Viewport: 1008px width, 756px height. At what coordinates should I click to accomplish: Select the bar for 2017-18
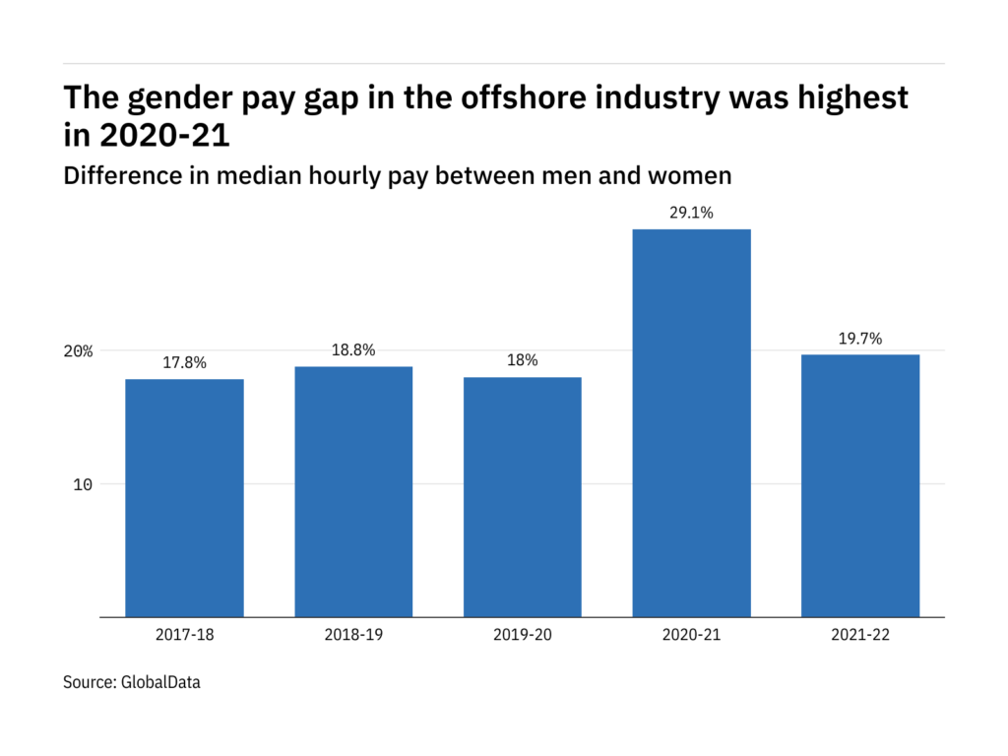pos(184,498)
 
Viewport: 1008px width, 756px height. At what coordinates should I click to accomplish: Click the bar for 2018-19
pos(353,492)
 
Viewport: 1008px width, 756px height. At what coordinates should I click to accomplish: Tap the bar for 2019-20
pos(522,497)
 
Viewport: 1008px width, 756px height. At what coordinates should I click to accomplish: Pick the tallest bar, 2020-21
pos(691,423)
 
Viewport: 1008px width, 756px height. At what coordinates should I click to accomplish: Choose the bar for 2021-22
pos(860,486)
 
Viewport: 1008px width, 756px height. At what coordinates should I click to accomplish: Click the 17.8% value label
pos(184,363)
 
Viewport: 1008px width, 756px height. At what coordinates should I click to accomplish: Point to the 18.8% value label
pos(353,350)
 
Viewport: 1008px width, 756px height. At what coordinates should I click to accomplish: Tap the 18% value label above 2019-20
pos(522,361)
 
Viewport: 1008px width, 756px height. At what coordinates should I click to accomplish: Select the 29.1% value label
pos(691,213)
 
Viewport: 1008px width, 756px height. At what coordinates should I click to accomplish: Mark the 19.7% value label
pos(860,339)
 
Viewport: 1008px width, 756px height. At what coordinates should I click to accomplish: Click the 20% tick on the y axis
pos(80,351)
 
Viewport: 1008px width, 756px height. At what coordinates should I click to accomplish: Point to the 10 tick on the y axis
pos(83,484)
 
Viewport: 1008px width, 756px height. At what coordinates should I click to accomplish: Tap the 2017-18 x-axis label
pos(184,635)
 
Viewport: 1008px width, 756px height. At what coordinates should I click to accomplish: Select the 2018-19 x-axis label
pos(353,635)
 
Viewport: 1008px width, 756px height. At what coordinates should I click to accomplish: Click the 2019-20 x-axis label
pos(522,635)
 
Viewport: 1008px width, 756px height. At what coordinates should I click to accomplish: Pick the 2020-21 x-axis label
pos(691,635)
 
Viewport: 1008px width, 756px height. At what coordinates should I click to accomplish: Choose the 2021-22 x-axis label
pos(860,635)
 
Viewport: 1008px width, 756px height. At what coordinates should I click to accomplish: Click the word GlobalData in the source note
pos(159,681)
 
